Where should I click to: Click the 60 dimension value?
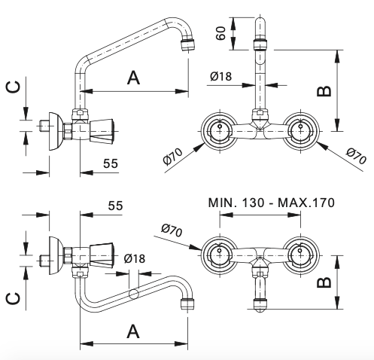220,33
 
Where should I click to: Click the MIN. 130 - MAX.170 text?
272,203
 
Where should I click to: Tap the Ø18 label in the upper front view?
221,76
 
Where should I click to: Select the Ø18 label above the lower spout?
135,258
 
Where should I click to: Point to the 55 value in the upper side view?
111,163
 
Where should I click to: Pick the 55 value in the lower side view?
115,206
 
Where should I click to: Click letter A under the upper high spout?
133,78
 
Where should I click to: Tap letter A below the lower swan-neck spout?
133,331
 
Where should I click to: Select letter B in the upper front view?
324,91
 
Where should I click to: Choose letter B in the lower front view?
324,282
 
